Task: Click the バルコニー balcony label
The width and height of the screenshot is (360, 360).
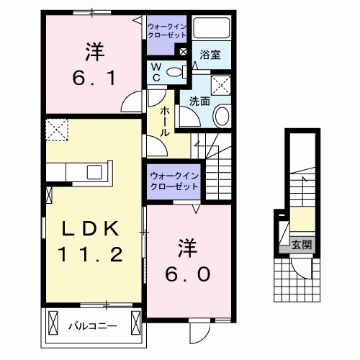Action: click(92, 326)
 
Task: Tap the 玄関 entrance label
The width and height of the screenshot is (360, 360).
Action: click(302, 245)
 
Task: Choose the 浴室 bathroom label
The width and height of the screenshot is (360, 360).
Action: click(210, 54)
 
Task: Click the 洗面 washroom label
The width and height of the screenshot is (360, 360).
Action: click(199, 102)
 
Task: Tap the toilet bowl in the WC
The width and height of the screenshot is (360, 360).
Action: click(173, 71)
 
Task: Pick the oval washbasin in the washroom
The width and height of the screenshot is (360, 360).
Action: click(222, 115)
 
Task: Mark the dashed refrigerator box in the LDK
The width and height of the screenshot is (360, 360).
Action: click(55, 131)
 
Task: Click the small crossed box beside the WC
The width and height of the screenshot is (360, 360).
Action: click(183, 52)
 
